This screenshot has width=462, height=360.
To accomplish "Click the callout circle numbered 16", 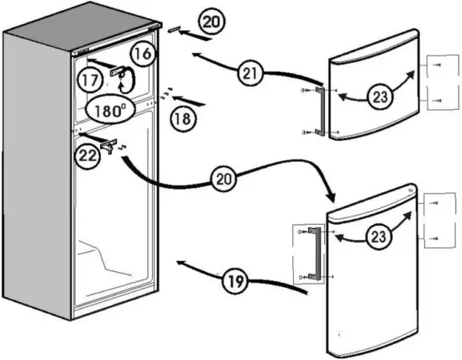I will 144,53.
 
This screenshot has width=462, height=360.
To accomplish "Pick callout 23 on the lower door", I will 381,237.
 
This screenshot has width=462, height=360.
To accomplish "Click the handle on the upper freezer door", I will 318,109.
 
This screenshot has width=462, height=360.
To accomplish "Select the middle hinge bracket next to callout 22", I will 108,143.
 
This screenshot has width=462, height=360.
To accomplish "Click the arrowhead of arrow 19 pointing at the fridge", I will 179,263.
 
